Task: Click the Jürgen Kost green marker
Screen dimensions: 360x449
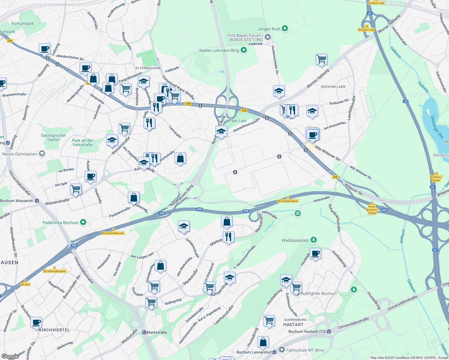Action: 285,29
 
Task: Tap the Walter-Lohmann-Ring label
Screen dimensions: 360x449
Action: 219,50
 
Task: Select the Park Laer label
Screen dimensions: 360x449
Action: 238,121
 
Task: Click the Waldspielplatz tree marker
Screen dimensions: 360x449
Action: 314,240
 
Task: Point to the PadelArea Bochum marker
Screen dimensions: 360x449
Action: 83,222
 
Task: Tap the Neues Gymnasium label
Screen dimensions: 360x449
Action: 20,154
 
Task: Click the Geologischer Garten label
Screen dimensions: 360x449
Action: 53,137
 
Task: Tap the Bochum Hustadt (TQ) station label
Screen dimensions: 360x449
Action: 307,331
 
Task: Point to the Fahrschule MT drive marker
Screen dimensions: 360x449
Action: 282,350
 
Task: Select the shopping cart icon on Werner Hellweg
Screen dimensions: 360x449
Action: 321,59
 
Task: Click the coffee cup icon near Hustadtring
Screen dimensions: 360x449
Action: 315,253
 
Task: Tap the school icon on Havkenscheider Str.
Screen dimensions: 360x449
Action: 279,91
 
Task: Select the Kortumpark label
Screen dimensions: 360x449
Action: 23,23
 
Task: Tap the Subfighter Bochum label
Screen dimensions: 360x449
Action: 319,293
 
